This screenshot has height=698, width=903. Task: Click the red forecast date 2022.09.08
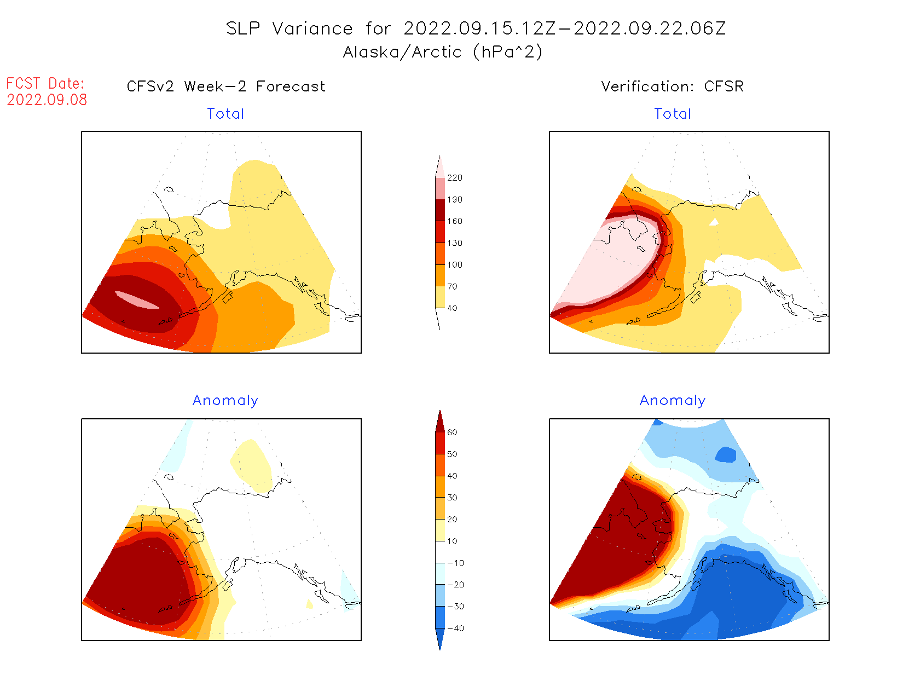[47, 100]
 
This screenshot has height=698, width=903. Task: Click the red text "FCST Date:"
[45, 83]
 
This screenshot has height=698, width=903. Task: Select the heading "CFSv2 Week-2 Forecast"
[226, 86]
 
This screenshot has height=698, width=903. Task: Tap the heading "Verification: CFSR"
[672, 86]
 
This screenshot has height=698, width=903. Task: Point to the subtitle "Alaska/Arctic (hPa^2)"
[443, 52]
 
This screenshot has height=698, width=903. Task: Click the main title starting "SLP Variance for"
[476, 28]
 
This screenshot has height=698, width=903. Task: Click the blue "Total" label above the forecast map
[225, 114]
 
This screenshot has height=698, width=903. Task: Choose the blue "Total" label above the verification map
[673, 114]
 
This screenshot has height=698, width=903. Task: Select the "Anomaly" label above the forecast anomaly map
[225, 401]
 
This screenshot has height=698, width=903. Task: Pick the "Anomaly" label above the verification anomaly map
[673, 401]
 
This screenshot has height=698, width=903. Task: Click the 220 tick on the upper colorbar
[454, 178]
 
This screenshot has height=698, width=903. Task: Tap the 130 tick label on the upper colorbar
[454, 243]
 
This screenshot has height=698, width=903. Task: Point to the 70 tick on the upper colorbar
[452, 286]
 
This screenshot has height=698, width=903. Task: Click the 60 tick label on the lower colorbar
[452, 432]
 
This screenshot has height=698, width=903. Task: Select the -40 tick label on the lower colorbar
[455, 628]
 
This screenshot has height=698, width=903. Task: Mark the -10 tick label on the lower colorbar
[455, 563]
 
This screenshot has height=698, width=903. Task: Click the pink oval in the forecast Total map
[137, 299]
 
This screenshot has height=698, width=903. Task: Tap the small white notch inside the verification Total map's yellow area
[714, 222]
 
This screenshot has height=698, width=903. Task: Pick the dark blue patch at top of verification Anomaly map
[726, 455]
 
